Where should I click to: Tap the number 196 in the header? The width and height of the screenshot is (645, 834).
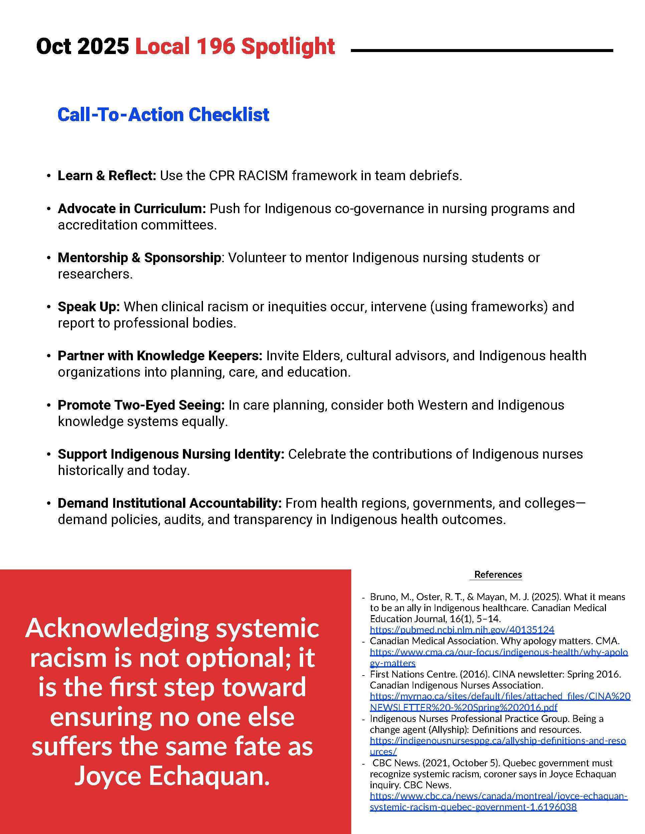pos(216,47)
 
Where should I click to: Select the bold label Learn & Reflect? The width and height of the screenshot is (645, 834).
pos(106,176)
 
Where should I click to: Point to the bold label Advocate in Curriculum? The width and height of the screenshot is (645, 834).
pos(132,208)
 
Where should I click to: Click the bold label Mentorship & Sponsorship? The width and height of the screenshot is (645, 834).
pos(139,258)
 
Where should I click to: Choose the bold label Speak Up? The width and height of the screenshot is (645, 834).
pos(89,307)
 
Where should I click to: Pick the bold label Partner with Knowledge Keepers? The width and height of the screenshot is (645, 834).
pos(160,356)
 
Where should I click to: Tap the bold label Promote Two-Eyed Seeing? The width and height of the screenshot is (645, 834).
pos(141,405)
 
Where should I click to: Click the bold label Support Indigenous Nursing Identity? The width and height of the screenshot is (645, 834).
pos(171,454)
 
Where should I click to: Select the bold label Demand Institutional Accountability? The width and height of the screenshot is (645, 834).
pos(169,503)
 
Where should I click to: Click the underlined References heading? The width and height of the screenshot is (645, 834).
pos(497,575)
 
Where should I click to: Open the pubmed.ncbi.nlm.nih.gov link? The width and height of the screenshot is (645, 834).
pos(462,630)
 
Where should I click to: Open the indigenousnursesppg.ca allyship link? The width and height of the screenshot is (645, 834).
pos(497,741)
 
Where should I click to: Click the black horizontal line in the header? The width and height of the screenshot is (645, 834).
pos(481,50)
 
